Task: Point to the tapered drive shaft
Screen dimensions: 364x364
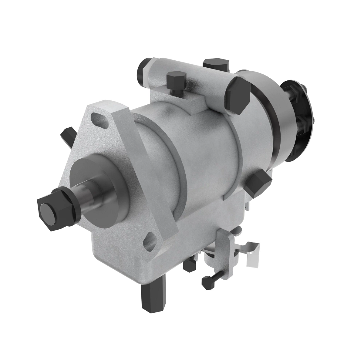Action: click(x=86, y=197)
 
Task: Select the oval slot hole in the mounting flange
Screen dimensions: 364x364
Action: click(x=100, y=119)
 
